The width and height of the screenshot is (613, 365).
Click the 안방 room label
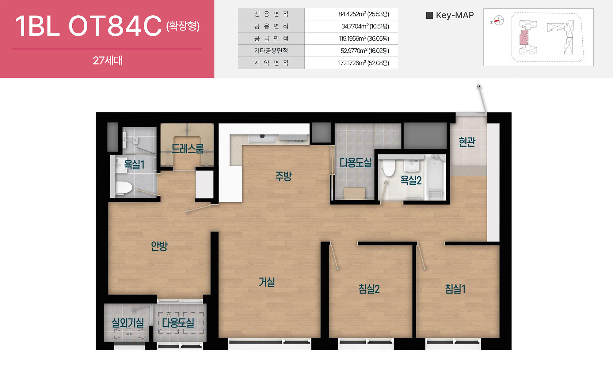tap(159, 246)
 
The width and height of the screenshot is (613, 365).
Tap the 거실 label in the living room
tap(267, 282)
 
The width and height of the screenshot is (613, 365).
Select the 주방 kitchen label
tap(283, 176)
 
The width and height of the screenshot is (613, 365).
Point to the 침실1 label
tap(455, 289)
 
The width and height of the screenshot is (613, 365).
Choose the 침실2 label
tap(369, 289)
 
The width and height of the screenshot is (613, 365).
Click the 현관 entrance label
tap(467, 142)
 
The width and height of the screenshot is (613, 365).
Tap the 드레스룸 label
tap(187, 149)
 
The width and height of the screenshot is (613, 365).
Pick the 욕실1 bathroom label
tap(134, 165)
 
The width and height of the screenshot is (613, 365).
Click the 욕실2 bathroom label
tap(411, 180)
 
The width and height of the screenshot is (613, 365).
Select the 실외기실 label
tap(128, 322)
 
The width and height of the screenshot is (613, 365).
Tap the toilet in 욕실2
tap(389, 167)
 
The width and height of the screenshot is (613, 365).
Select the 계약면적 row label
tap(271, 63)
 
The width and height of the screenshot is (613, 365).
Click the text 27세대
tap(108, 61)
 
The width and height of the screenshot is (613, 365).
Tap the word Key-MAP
tap(455, 15)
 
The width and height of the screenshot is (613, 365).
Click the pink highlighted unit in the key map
tap(524, 37)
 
